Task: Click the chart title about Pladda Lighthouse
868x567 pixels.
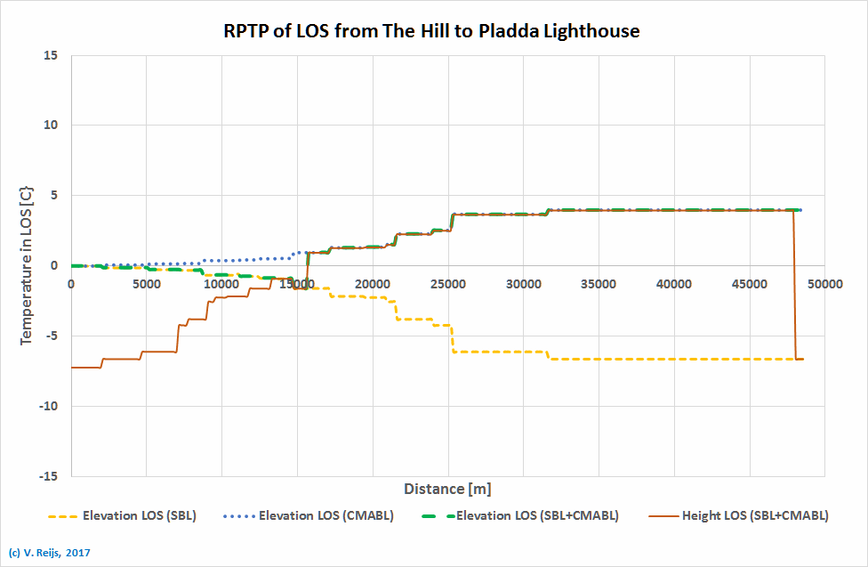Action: [x=431, y=31]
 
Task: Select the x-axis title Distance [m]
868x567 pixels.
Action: [x=447, y=489]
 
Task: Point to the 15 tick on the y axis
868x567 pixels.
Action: [x=51, y=55]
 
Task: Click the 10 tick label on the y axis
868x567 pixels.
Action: [x=51, y=126]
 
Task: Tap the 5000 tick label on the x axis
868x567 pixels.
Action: [x=146, y=283]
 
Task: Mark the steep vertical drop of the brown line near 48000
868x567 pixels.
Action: [x=793, y=285]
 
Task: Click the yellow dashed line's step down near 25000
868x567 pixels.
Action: [x=452, y=339]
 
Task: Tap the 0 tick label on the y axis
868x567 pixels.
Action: [x=55, y=265]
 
